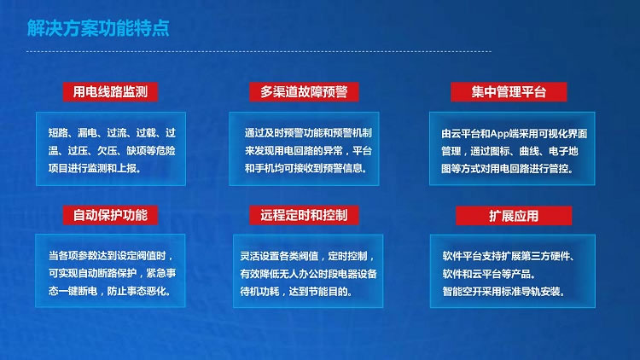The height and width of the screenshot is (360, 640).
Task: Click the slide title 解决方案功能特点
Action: pyautogui.click(x=98, y=28)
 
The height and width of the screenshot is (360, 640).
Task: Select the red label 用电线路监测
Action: pyautogui.click(x=110, y=91)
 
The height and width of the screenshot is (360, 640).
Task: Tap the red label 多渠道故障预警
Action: pyautogui.click(x=304, y=91)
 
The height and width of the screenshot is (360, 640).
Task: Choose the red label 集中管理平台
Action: pyautogui.click(x=509, y=92)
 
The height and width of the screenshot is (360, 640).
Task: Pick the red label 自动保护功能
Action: pyautogui.click(x=110, y=215)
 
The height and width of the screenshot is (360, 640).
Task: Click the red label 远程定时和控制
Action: pyautogui.click(x=304, y=215)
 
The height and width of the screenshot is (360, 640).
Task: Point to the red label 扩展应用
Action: pyautogui.click(x=514, y=216)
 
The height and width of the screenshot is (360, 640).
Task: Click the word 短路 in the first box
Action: pyautogui.click(x=58, y=132)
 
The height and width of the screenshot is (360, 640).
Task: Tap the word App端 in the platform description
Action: pyautogui.click(x=504, y=133)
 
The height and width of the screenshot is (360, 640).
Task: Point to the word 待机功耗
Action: pyautogui.click(x=259, y=292)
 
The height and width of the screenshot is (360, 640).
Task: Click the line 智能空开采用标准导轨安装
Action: pyautogui.click(x=503, y=292)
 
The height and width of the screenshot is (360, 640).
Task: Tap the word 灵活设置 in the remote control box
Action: pyautogui.click(x=259, y=256)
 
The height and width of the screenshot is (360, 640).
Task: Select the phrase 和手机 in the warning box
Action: pyautogui.click(x=259, y=168)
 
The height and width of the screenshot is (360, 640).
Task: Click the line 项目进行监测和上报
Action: pyautogui.click(x=95, y=168)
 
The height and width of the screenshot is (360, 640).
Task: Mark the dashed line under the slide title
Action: pyautogui.click(x=259, y=51)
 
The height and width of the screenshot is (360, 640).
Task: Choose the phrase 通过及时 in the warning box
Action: pyautogui.click(x=264, y=132)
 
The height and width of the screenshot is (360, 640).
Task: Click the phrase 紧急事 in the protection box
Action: pyautogui.click(x=161, y=273)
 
